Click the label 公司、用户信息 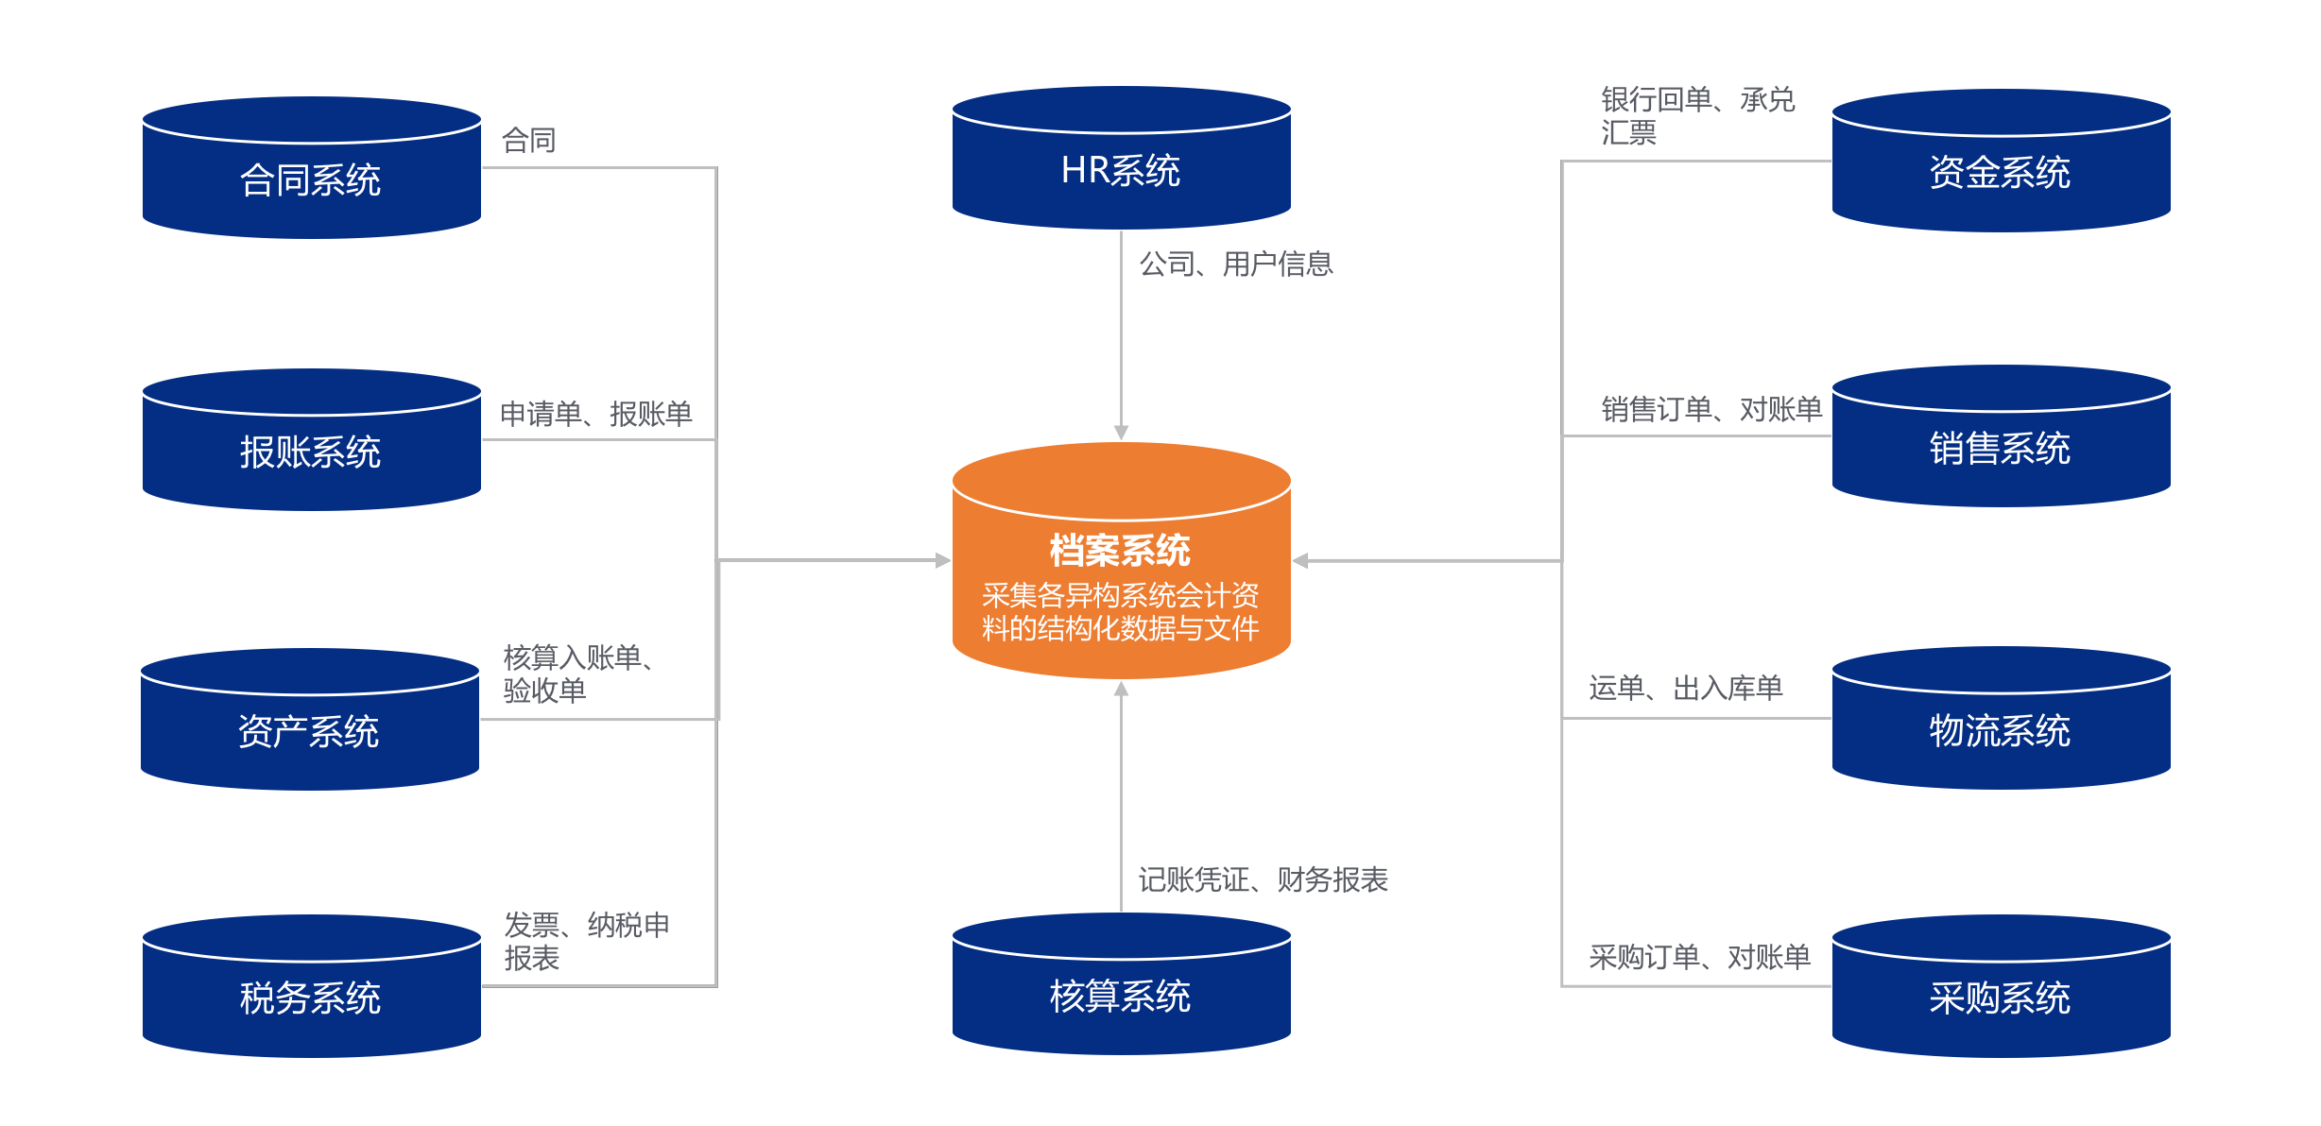1236,264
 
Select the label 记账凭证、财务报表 1263,880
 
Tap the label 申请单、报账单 595,414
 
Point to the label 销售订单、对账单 1711,410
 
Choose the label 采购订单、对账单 1699,958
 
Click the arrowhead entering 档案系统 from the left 943,560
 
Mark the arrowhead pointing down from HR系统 1121,433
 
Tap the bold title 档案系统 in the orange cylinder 1120,551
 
